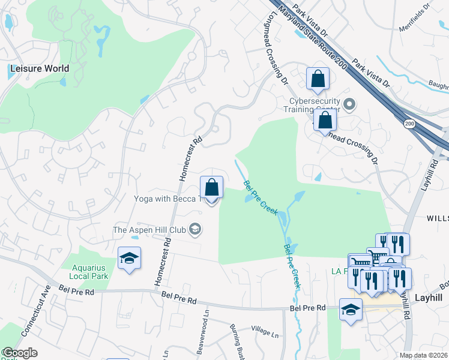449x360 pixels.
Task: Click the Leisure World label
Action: (x=39, y=68)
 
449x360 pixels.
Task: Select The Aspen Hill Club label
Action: (x=149, y=229)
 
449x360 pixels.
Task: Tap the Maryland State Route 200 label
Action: (x=311, y=35)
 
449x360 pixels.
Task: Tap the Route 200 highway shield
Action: (x=409, y=124)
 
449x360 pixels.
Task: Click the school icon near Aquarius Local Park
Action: (x=129, y=259)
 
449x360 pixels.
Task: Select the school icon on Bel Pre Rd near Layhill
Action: (x=351, y=310)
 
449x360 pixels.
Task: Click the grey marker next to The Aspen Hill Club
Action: (x=194, y=229)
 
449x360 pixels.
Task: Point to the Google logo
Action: (x=19, y=353)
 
